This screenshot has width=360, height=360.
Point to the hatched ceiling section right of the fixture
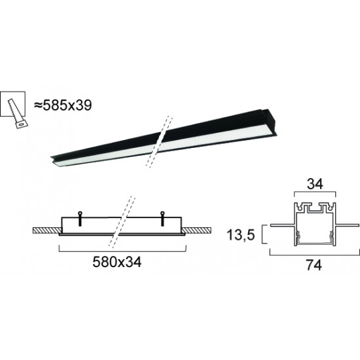point(199,231)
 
